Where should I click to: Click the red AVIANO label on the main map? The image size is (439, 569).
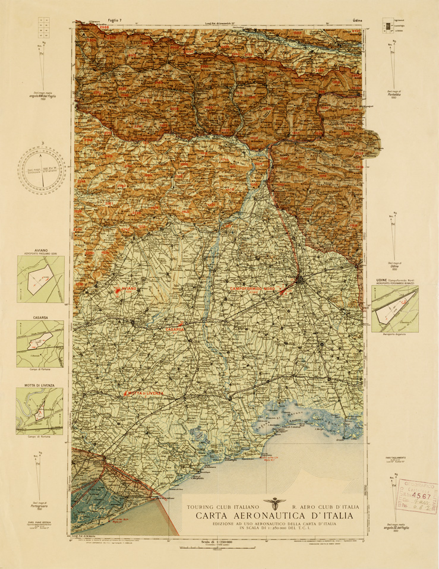[x=129, y=288]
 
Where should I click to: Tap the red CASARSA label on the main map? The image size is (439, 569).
[x=176, y=328]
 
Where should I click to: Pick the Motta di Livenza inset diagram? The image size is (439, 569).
[x=39, y=411]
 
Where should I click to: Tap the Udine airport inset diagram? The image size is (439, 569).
[x=394, y=311]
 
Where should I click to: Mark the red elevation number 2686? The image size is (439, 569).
[x=105, y=27]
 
